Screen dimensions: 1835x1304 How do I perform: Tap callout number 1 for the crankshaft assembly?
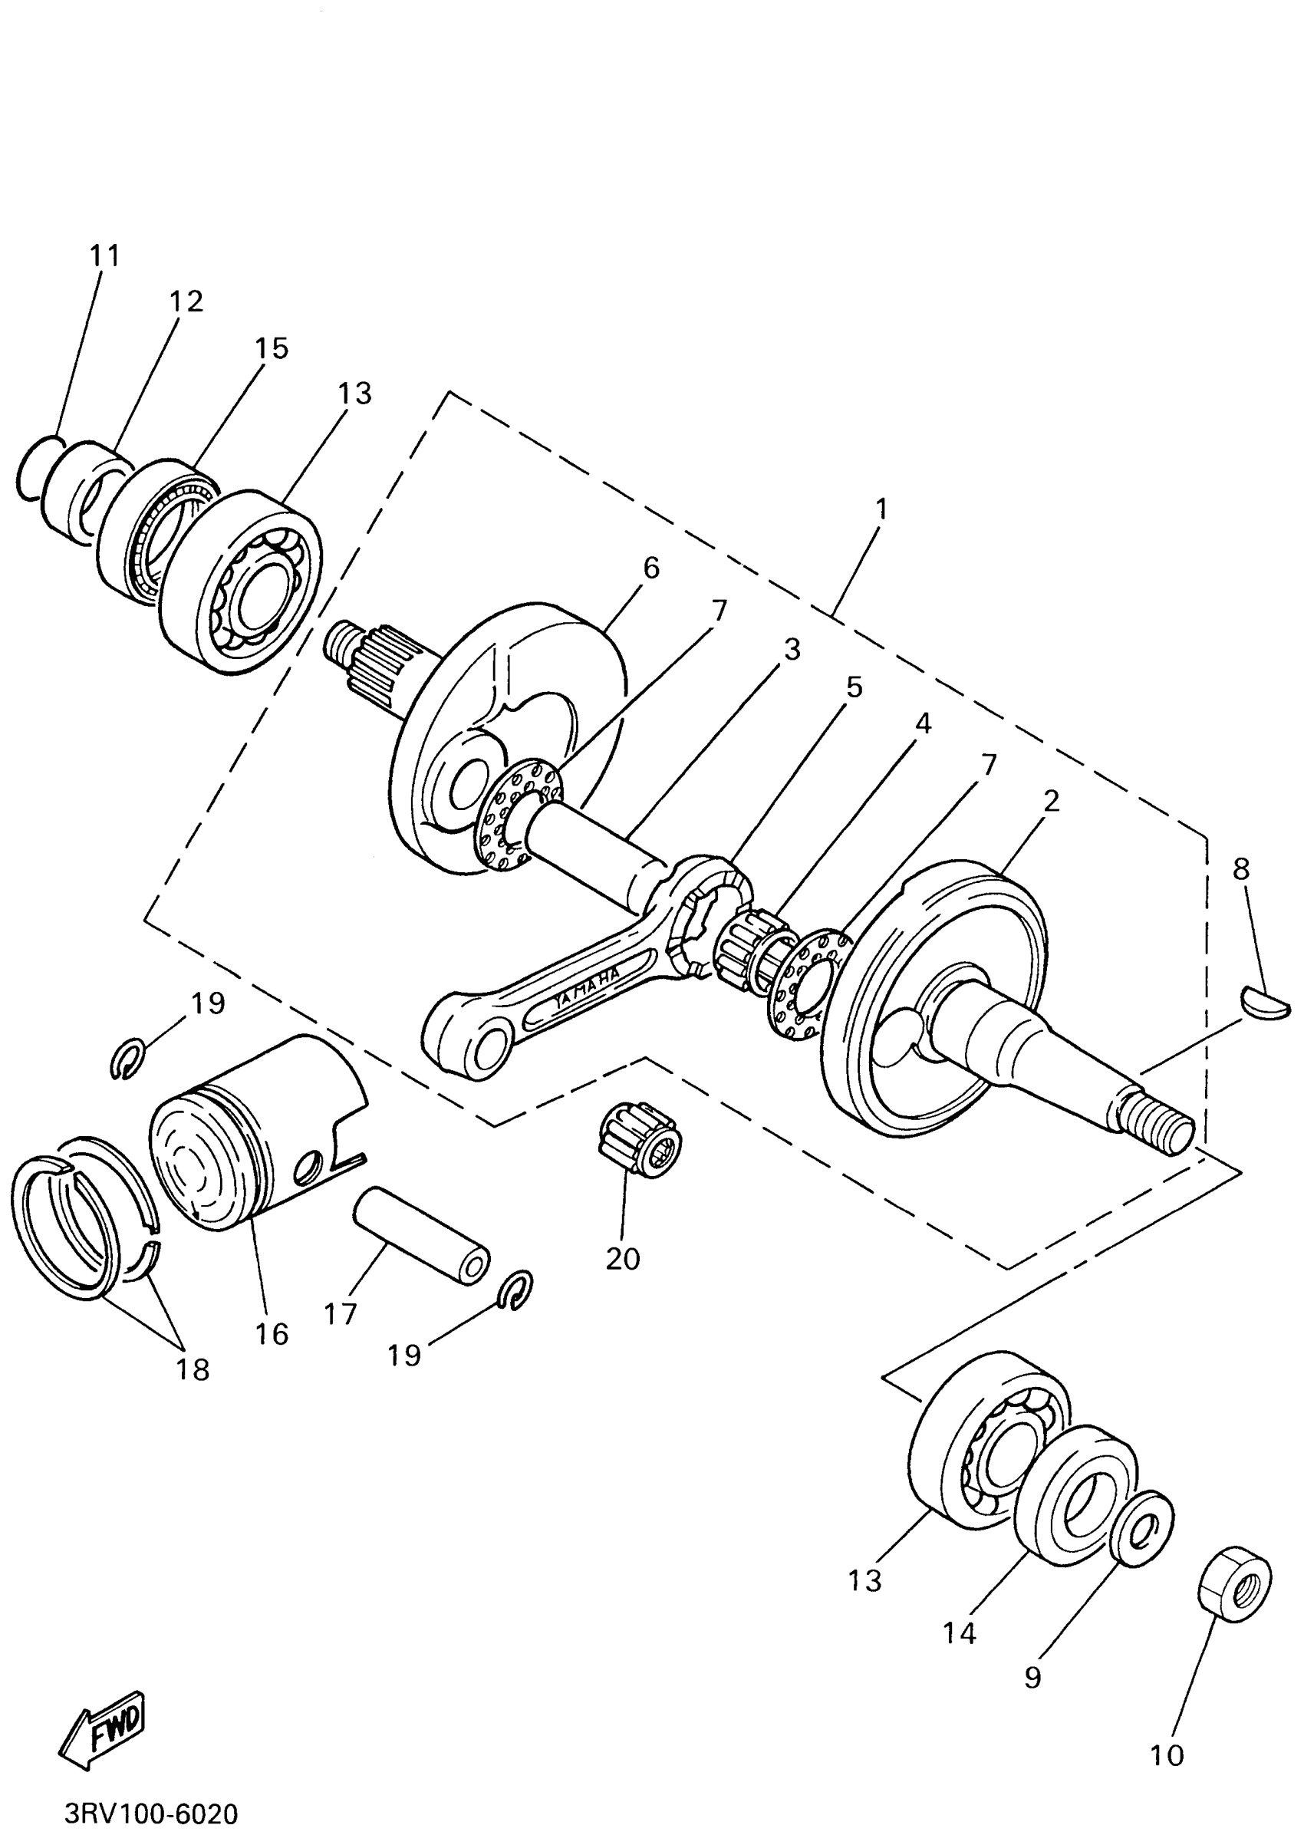(x=881, y=509)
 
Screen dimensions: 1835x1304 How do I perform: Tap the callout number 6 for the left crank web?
(x=651, y=568)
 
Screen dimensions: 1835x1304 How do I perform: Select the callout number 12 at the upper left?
(x=186, y=302)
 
